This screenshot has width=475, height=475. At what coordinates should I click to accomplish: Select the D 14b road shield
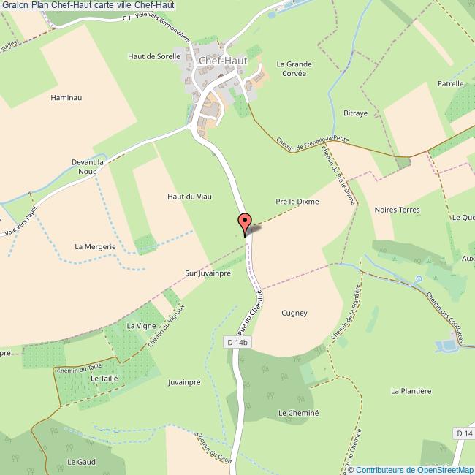[237, 342]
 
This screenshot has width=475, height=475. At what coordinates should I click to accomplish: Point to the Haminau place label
[64, 96]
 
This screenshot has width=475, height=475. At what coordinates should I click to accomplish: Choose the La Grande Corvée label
[294, 69]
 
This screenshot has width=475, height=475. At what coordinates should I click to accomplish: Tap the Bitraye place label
[355, 113]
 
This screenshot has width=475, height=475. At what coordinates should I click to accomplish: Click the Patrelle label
[451, 84]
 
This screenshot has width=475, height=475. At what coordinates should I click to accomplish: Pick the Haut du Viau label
[184, 196]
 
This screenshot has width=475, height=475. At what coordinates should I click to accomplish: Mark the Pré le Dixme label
[297, 201]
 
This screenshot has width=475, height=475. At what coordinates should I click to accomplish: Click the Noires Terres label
[397, 210]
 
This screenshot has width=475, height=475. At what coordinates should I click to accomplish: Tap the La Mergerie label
[96, 246]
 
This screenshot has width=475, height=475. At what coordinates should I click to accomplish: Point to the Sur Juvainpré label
[208, 273]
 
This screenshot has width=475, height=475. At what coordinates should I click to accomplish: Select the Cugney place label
[294, 313]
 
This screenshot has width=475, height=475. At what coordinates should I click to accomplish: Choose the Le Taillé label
[104, 379]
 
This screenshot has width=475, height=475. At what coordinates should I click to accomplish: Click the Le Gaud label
[82, 461]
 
